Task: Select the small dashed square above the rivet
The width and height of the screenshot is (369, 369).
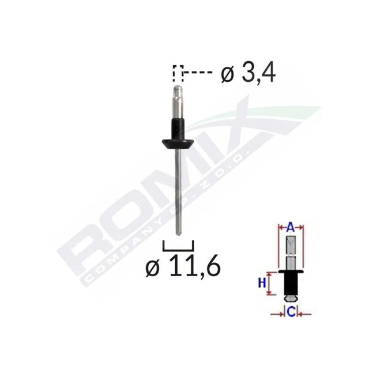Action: (x=178, y=74)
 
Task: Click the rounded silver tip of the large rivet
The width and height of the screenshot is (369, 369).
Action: (x=178, y=91)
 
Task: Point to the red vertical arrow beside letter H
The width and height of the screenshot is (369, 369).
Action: (x=270, y=283)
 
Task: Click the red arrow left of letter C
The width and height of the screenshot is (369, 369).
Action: (x=278, y=314)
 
